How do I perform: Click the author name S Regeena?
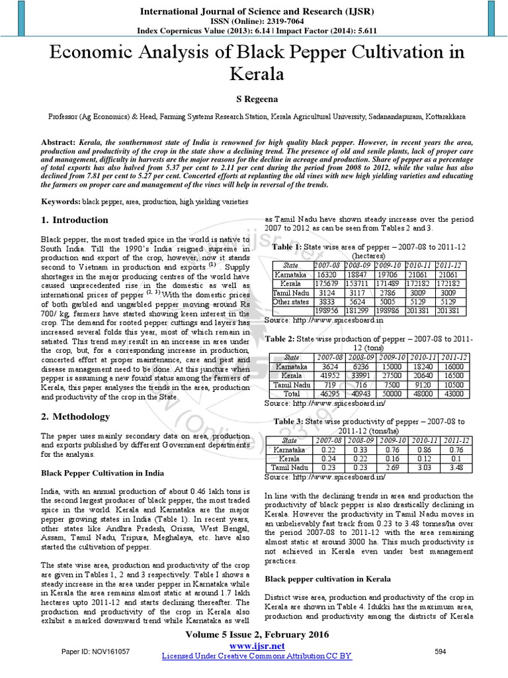click(254, 97)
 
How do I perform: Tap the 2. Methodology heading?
click(75, 416)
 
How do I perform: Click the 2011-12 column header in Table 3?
click(456, 440)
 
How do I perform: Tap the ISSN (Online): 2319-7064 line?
click(254, 21)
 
